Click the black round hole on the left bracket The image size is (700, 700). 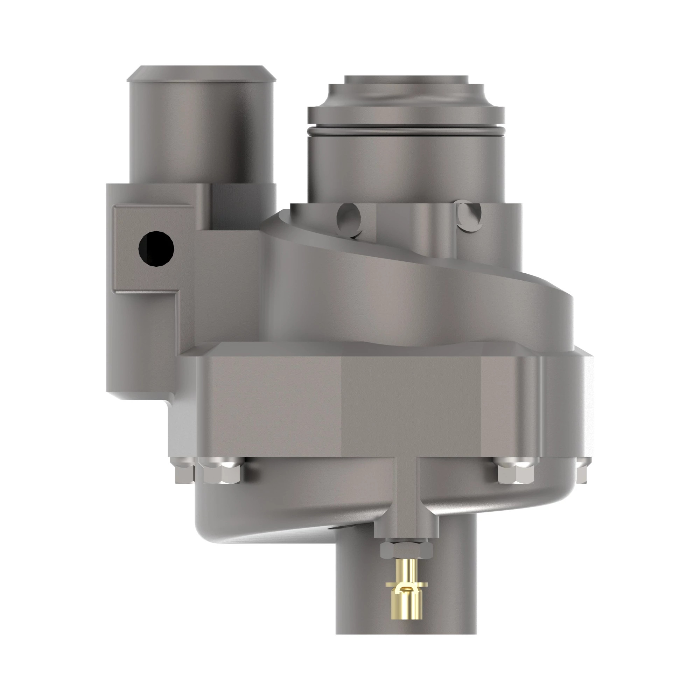156,248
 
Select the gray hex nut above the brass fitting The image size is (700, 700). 406,550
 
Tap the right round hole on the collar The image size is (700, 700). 470,216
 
